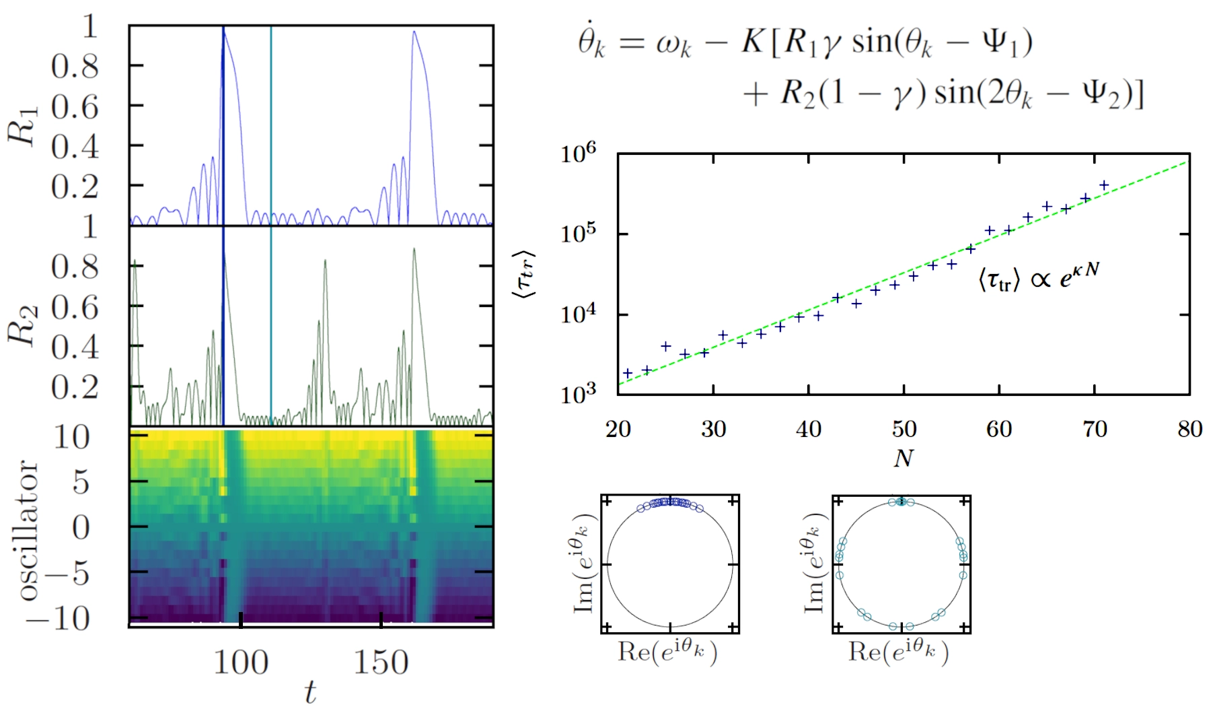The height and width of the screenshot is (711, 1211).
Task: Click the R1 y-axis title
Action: [x=23, y=125]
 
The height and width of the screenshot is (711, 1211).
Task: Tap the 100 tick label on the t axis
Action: [x=241, y=663]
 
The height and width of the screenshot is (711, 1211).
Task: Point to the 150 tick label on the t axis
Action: [x=381, y=663]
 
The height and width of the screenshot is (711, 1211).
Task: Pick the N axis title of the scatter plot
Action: [x=903, y=459]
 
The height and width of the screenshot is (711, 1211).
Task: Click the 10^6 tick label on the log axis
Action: [x=579, y=154]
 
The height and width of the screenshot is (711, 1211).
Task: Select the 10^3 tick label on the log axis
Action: [x=579, y=394]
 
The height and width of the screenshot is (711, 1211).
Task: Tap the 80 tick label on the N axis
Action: [x=1189, y=429]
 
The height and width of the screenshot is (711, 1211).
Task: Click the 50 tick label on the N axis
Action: [x=904, y=429]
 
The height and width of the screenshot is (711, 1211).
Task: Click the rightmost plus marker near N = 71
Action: [x=1104, y=185]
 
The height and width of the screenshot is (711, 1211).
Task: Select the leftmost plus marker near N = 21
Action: [x=628, y=373]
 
